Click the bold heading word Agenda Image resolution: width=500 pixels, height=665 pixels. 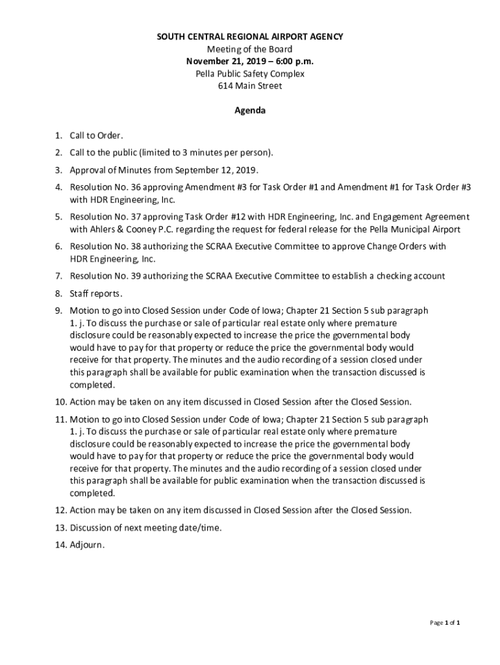point(250,111)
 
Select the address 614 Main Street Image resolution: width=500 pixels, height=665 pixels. point(250,86)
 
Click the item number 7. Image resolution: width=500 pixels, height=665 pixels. point(58,276)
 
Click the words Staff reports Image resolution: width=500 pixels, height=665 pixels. point(96,294)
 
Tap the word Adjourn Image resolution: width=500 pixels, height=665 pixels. point(87,545)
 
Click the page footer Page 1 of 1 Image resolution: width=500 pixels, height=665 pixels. point(445,623)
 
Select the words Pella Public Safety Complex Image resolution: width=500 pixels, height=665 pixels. point(250,74)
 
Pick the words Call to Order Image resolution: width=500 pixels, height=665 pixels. point(96,136)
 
